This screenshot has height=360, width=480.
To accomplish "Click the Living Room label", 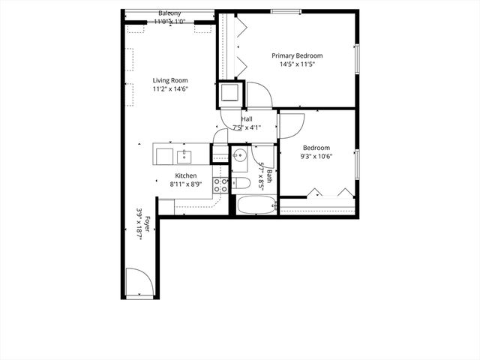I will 170,80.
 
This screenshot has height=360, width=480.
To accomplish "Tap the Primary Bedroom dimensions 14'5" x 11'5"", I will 297,64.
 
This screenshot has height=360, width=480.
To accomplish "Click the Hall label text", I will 246,119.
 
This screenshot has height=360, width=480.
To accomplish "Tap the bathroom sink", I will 239,157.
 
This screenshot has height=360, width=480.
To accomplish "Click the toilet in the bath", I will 241,183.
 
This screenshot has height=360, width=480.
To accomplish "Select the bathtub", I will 255,205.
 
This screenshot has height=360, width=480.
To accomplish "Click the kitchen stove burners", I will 221,185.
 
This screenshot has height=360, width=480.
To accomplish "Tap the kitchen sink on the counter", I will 183,156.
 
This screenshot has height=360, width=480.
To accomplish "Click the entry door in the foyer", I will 136,282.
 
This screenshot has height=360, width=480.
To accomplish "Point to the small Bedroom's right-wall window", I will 357,163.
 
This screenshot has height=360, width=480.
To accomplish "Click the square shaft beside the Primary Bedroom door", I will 230,94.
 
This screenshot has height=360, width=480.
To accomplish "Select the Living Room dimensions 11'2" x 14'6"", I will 170,89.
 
